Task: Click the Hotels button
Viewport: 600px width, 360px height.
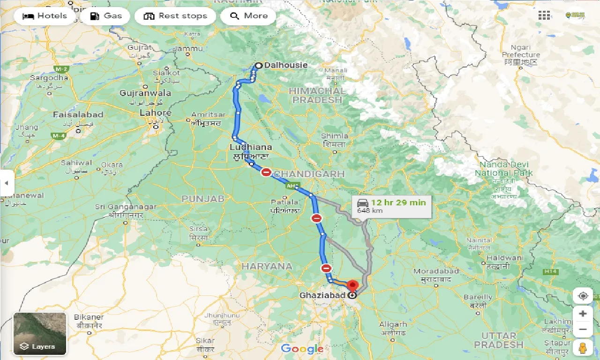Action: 45,16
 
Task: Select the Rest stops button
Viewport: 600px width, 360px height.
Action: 175,16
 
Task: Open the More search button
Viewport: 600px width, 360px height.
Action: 249,16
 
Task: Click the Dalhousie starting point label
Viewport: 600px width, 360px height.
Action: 285,65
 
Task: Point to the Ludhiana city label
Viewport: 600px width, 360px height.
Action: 250,147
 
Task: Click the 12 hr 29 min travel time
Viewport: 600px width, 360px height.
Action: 398,202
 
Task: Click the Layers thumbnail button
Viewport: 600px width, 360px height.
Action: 40,334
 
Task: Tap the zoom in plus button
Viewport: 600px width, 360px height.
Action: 583,314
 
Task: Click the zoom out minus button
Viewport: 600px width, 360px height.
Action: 583,329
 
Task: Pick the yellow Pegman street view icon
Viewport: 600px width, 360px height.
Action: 583,348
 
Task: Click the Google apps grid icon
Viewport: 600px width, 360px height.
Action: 544,15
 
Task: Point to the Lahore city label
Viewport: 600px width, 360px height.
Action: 155,113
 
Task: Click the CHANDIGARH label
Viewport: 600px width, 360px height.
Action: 309,174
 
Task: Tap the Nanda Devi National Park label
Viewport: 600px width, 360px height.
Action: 503,169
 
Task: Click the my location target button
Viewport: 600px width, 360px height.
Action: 583,296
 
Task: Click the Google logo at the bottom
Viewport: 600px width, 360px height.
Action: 302,349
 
